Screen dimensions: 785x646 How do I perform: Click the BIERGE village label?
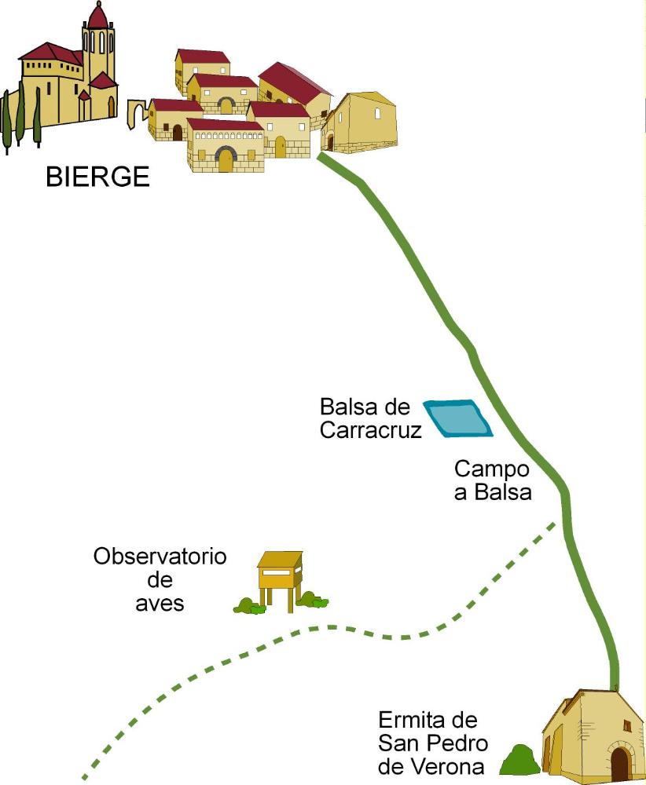[x=97, y=177]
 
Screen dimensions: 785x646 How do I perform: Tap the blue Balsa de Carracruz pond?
[x=458, y=418]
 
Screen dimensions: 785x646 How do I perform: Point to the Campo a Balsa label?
[x=493, y=481]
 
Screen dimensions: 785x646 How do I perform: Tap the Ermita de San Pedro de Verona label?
[x=433, y=743]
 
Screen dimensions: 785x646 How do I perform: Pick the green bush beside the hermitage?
[x=519, y=760]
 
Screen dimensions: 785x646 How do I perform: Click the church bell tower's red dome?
[x=98, y=16]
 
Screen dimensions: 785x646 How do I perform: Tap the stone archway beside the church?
[x=138, y=114]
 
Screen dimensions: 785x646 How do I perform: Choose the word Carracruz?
[x=371, y=430]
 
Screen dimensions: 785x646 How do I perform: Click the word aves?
[x=160, y=603]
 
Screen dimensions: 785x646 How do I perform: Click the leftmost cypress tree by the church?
[x=7, y=122]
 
